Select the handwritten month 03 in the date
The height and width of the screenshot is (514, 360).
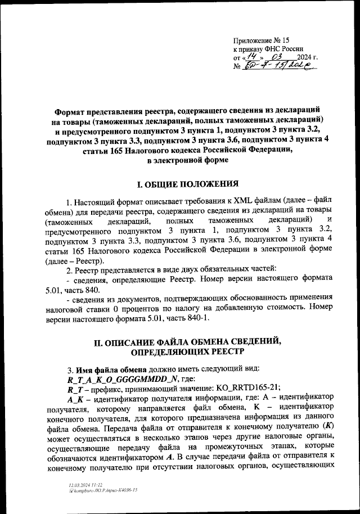(276, 57)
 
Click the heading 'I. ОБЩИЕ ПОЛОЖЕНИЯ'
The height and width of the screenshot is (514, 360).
(180, 184)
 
